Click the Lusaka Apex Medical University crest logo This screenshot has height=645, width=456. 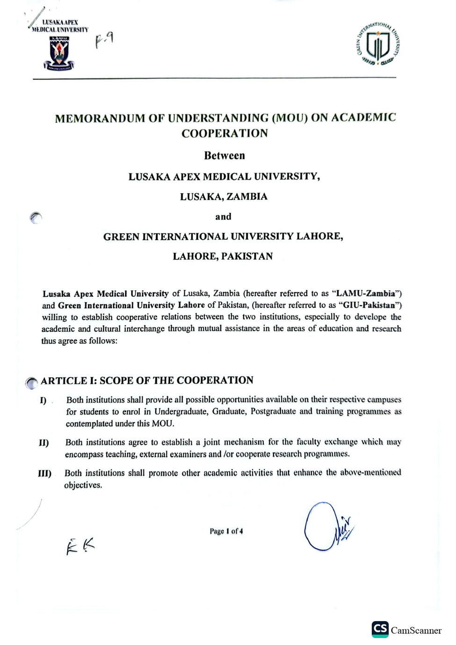click(59, 53)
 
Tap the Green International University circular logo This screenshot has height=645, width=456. click(378, 44)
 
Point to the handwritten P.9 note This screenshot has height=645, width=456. click(104, 41)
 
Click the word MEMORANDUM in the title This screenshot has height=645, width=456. click(100, 118)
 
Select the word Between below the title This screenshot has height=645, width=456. click(224, 156)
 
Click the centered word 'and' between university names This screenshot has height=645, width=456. click(223, 217)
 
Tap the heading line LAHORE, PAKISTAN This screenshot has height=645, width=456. click(223, 256)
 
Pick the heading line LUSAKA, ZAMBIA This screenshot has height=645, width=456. click(224, 197)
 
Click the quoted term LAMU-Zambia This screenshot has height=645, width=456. click(366, 294)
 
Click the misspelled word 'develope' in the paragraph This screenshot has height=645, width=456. click(371, 317)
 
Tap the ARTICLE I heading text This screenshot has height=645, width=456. click(147, 380)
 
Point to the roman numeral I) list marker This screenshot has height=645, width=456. click(43, 401)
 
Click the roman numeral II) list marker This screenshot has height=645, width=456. click(44, 443)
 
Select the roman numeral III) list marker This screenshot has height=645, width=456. click(45, 473)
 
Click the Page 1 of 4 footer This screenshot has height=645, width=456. click(226, 531)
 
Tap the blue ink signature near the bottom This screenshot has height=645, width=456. click(326, 527)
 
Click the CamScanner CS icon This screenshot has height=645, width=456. click(380, 629)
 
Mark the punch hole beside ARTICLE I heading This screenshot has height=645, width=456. click(31, 383)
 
